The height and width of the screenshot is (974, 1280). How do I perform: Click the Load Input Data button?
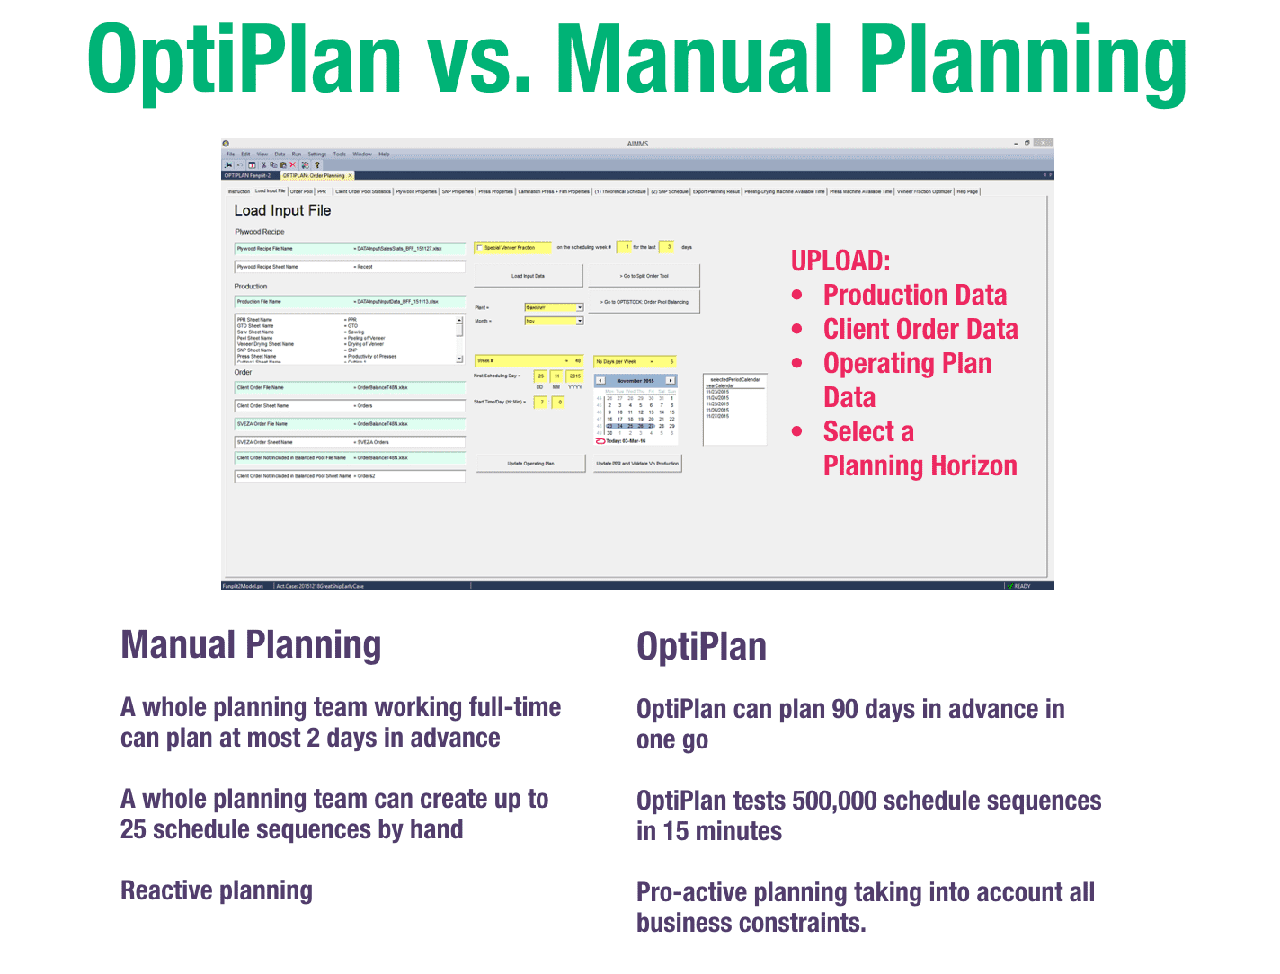[528, 276]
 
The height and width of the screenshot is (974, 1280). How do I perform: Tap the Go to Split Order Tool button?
[644, 276]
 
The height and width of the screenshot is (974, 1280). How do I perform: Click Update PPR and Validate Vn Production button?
[637, 464]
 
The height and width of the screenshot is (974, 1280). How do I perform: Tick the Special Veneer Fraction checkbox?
[480, 248]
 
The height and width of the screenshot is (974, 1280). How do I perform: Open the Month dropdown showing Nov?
[579, 321]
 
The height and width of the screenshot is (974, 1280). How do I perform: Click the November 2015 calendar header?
[636, 381]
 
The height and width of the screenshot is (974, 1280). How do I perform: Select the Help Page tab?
[967, 191]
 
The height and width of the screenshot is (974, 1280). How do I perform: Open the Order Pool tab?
[301, 191]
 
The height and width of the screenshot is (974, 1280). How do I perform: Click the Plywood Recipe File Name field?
[350, 249]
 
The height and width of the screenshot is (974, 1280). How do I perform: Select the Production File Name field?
[350, 302]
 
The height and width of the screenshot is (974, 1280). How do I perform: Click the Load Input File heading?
[282, 210]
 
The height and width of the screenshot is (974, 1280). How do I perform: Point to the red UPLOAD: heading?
[840, 261]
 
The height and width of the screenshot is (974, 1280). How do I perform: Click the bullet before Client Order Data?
[797, 330]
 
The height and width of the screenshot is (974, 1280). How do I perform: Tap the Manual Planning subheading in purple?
[251, 645]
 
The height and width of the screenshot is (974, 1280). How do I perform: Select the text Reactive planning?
[217, 890]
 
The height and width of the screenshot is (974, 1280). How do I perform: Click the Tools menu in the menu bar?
[339, 155]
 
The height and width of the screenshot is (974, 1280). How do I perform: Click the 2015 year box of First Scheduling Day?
[575, 376]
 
